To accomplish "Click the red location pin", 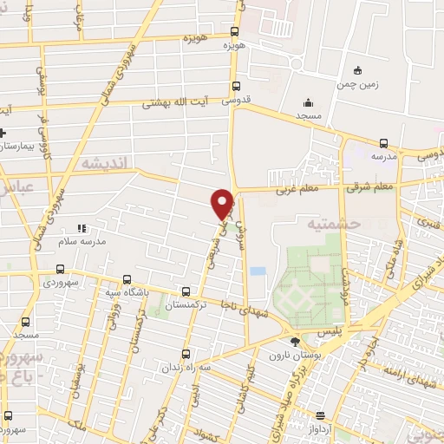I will coord(223,203).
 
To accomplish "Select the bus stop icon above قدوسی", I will coord(237,85).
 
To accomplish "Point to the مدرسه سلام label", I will coord(82,243).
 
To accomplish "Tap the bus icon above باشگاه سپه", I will coord(128,279).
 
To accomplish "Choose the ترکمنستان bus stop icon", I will coord(186,291).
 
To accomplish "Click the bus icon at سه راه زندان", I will coord(186,354).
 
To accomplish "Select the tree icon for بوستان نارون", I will coord(295,342).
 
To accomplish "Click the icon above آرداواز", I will coord(320,415).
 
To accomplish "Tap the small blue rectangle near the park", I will coord(258,271).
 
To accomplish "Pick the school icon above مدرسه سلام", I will coord(82,228).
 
